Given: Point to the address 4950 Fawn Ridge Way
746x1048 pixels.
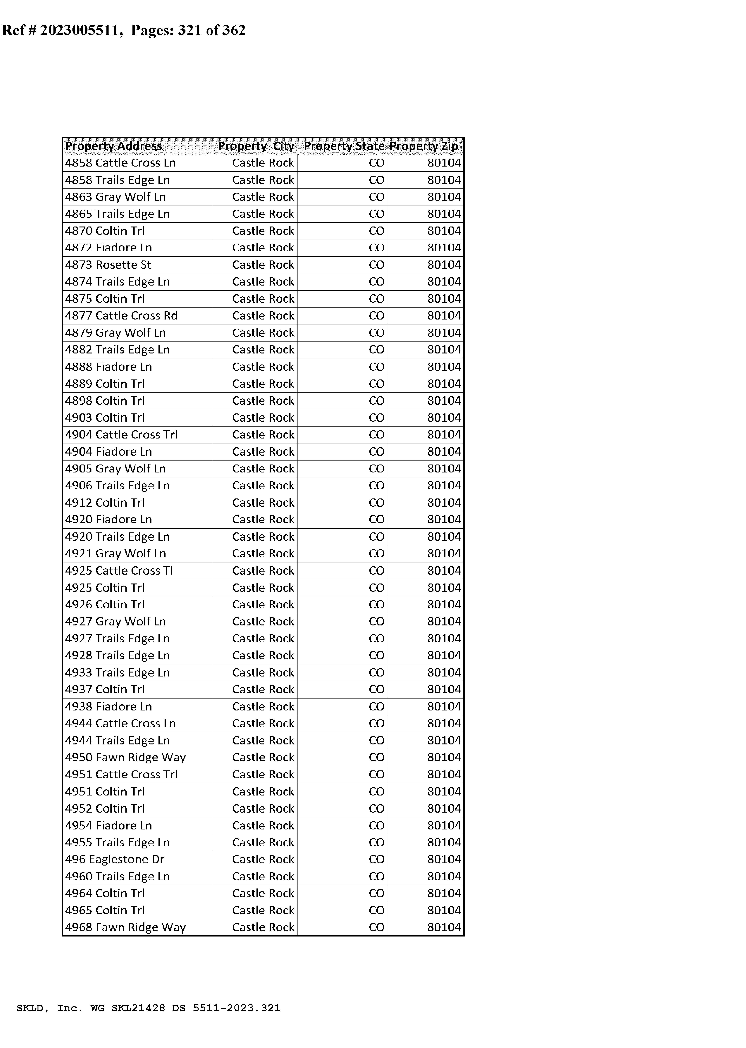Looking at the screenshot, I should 125,757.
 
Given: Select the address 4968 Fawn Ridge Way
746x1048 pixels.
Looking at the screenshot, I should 125,927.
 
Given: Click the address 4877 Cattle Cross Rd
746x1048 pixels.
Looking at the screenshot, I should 121,316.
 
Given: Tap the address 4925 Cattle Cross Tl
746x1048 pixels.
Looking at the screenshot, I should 119,571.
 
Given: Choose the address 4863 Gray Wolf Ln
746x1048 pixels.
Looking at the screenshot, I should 115,197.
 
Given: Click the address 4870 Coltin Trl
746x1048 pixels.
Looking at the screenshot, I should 105,231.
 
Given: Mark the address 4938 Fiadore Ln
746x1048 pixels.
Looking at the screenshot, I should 108,706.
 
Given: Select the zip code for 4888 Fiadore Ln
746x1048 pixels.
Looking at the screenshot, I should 444,367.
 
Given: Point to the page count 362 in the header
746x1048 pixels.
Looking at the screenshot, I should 234,30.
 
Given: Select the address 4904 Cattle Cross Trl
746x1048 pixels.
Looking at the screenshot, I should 121,435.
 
